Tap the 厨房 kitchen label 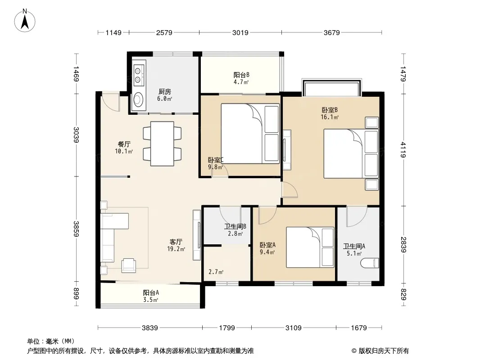pyautogui.click(x=165, y=91)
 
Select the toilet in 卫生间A pyautogui.click(x=370, y=263)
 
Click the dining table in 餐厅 pyautogui.click(x=162, y=144)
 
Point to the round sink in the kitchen pyautogui.click(x=139, y=99)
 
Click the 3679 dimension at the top pyautogui.click(x=332, y=32)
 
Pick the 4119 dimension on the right pyautogui.click(x=403, y=149)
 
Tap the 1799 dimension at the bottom pyautogui.click(x=227, y=328)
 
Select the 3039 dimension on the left pyautogui.click(x=76, y=135)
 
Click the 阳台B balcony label pyautogui.click(x=241, y=75)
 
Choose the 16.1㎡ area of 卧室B pyautogui.click(x=330, y=117)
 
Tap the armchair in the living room pyautogui.click(x=129, y=265)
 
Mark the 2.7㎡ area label pyautogui.click(x=216, y=272)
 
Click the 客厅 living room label pyautogui.click(x=176, y=242)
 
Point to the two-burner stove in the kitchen pyautogui.click(x=139, y=75)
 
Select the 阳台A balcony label pyautogui.click(x=151, y=292)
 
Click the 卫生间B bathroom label pyautogui.click(x=235, y=227)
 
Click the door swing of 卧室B pyautogui.click(x=290, y=189)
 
